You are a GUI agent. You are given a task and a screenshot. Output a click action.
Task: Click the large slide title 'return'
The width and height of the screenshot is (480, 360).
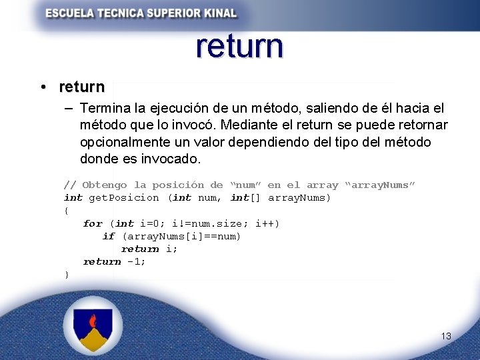[x=240, y=47]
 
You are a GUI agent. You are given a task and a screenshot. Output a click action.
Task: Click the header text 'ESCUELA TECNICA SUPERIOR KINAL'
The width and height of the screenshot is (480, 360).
[x=141, y=13]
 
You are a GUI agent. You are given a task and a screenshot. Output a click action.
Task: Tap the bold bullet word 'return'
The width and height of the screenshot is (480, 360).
[x=81, y=87]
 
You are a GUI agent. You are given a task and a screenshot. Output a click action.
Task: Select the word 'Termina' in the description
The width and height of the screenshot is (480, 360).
[x=105, y=108]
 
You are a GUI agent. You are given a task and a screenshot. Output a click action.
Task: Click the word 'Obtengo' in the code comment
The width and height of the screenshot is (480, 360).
[x=105, y=185]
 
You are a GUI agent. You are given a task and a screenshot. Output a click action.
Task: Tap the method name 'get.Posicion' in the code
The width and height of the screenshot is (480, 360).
[x=124, y=197]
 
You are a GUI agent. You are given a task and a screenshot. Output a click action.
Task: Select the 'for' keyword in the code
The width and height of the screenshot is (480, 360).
[x=93, y=223]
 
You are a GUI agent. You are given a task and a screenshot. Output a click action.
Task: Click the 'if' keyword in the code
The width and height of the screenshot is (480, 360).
[x=109, y=236]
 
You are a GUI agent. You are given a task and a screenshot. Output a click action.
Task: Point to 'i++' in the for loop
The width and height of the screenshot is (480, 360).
[x=267, y=223]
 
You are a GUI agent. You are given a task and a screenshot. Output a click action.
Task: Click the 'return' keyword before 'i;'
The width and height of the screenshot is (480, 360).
[x=140, y=249]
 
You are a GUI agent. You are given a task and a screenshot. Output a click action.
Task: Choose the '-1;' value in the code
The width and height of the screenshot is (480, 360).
[x=136, y=261]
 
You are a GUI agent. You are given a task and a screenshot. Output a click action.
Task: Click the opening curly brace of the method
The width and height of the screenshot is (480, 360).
[x=66, y=211]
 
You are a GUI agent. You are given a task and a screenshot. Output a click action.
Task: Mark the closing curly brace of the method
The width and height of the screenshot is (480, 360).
[x=66, y=275]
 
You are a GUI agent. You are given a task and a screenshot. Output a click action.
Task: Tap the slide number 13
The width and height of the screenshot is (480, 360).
[x=446, y=336]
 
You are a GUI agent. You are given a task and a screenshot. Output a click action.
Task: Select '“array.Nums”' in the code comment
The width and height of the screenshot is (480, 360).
[x=379, y=185]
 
